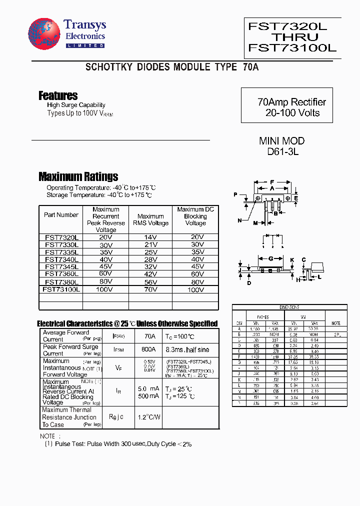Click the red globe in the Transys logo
44,34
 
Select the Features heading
58,95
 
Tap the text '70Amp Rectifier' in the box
291,102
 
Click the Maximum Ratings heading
78,176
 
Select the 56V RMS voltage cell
150,281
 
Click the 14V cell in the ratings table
150,237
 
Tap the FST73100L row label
61,289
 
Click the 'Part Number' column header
61,215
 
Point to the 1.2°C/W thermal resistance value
149,417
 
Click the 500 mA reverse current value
148,396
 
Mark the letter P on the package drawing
235,194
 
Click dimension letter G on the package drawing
270,259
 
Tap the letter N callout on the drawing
239,220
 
